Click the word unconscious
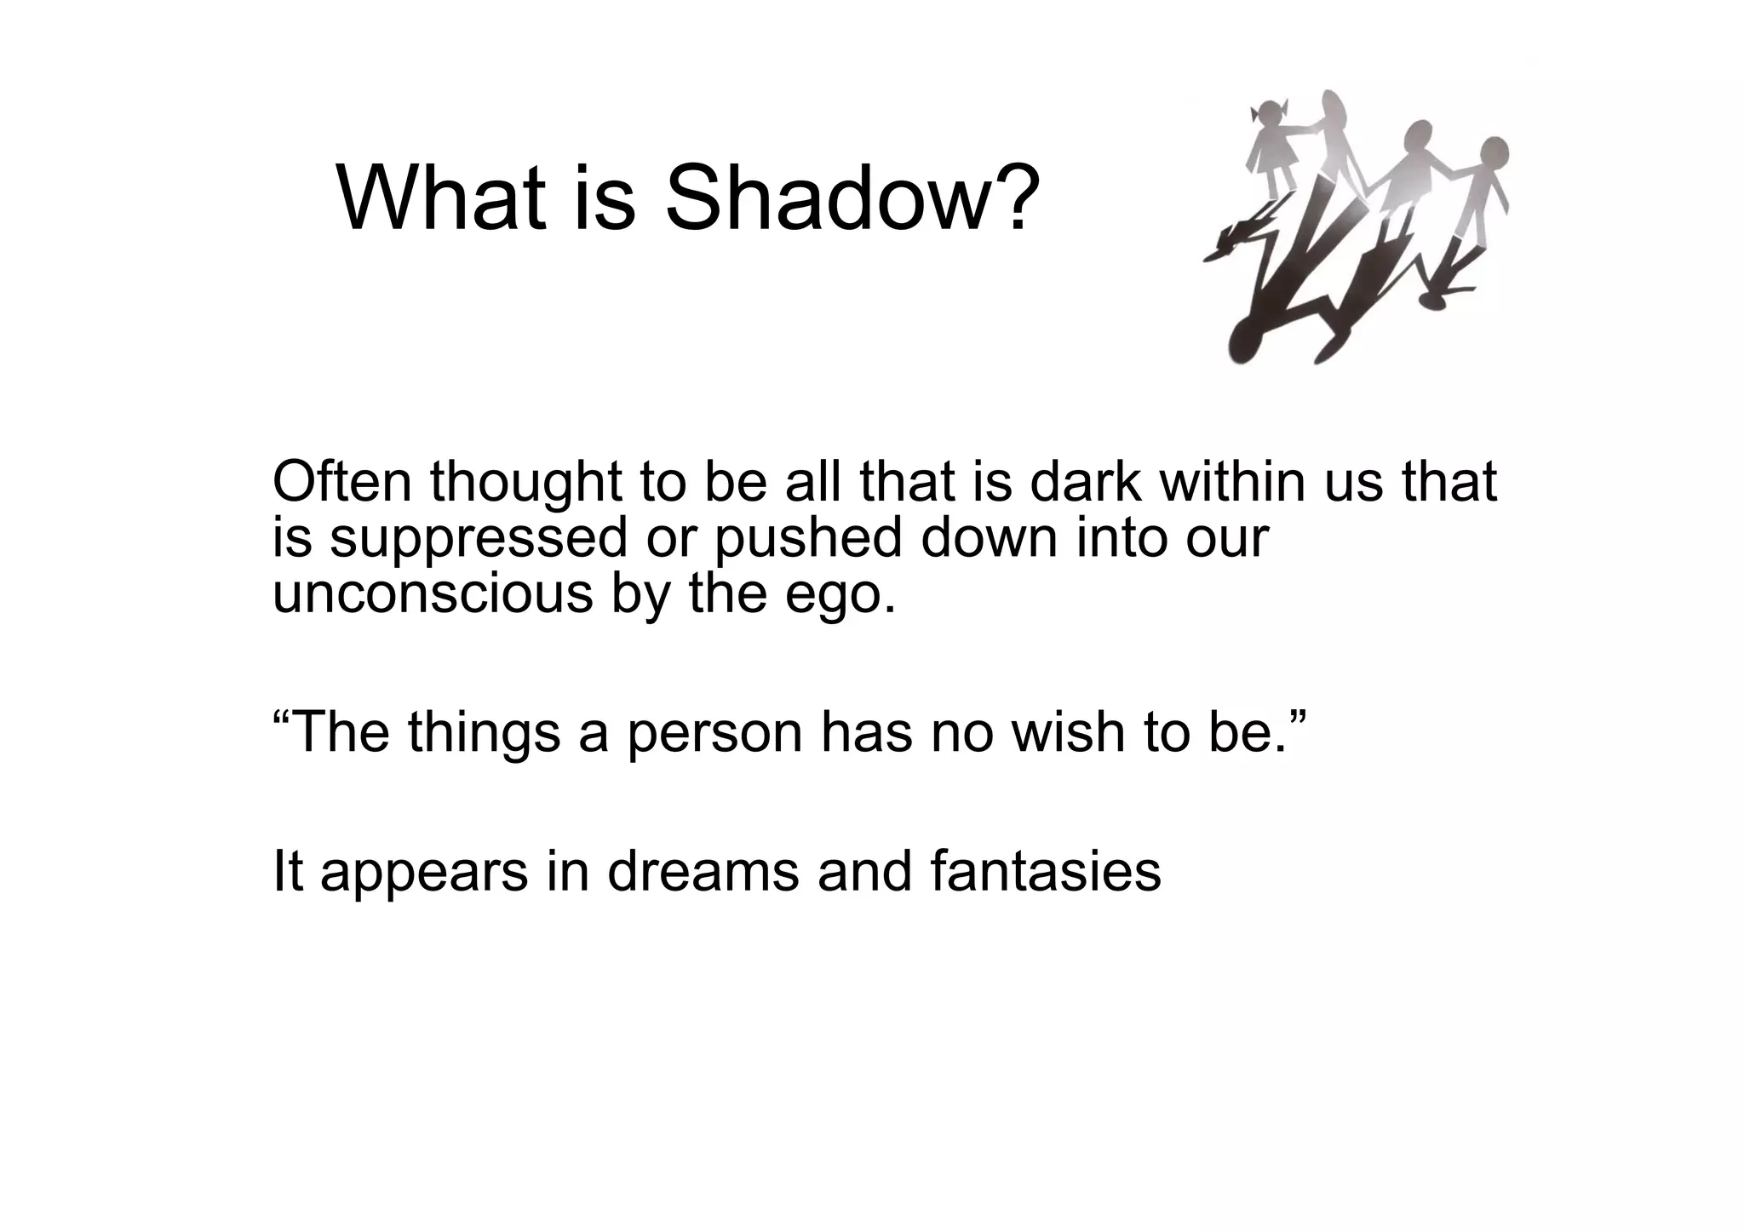(433, 593)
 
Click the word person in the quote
(714, 732)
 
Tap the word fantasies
(1046, 872)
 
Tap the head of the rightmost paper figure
(1491, 154)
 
